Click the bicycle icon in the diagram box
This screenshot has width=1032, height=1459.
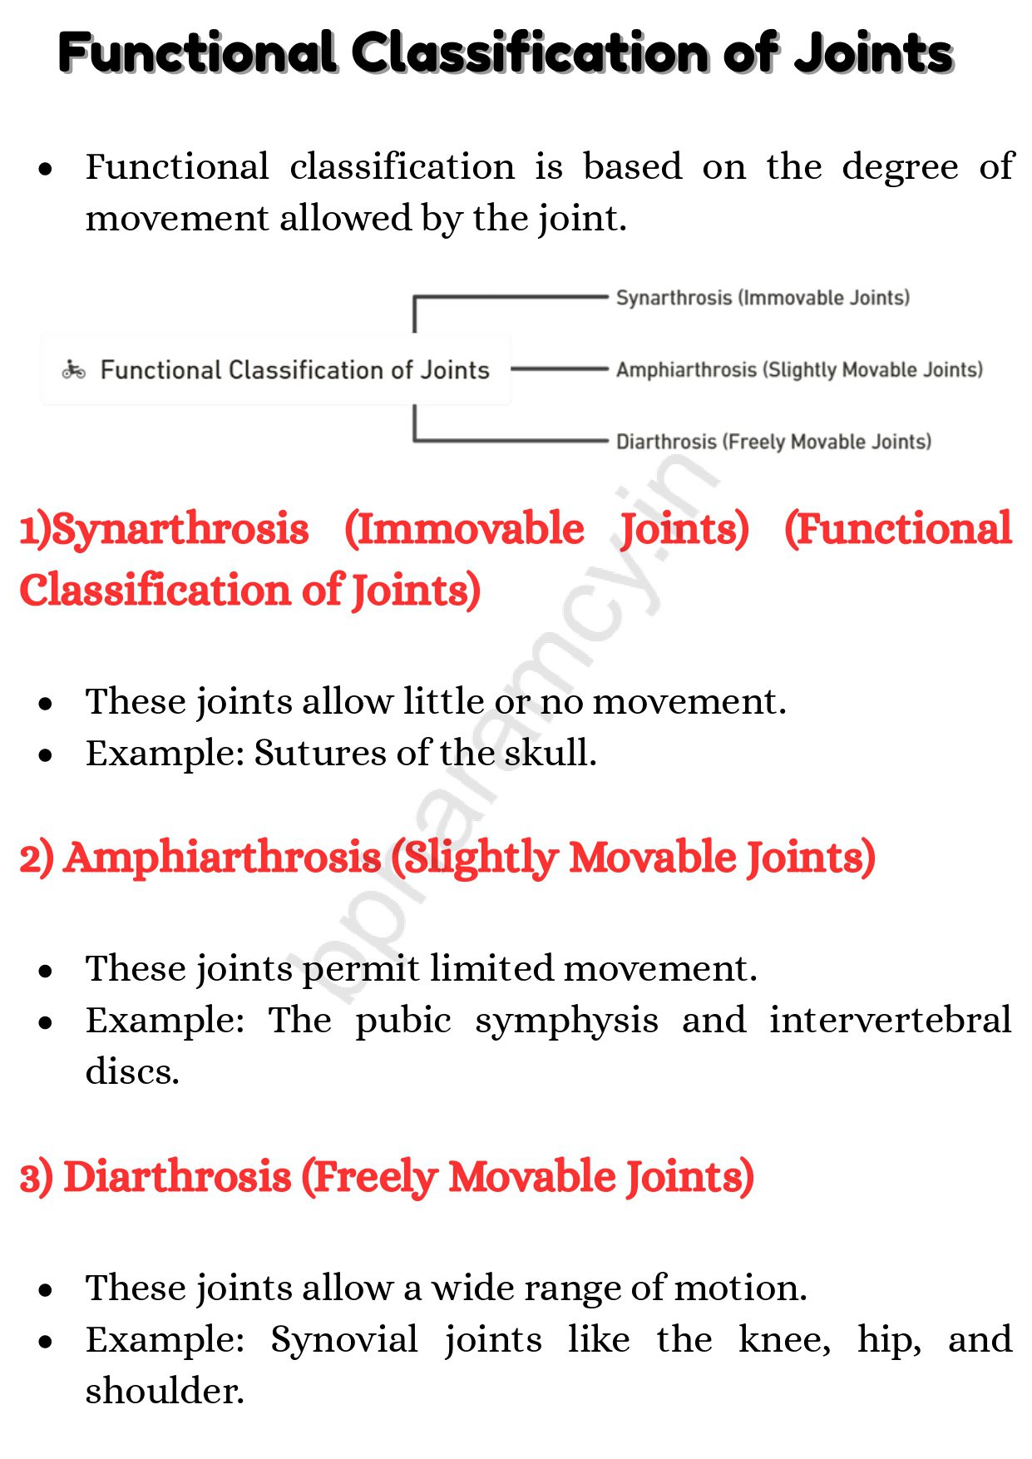(74, 369)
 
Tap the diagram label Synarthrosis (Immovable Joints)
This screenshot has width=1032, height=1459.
(763, 298)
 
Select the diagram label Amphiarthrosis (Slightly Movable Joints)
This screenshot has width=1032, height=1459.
(799, 369)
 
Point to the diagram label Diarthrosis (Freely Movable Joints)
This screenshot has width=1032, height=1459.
(773, 442)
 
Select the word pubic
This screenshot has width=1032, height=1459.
(403, 1021)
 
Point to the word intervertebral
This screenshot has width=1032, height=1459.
(890, 1021)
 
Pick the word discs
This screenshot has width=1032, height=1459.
(131, 1072)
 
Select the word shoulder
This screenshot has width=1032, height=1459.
(164, 1392)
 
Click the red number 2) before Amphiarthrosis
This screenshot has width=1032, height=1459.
(37, 858)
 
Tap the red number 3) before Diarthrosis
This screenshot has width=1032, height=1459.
(37, 1178)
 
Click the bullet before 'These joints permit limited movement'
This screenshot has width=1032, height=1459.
(46, 970)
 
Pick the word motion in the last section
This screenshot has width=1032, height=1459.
(739, 1288)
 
